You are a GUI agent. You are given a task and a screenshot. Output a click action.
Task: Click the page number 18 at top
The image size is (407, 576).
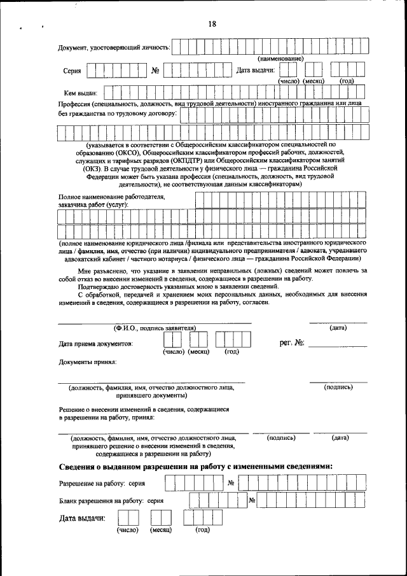pyautogui.click(x=212, y=24)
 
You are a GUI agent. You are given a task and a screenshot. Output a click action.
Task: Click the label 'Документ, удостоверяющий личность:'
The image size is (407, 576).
pyautogui.click(x=114, y=48)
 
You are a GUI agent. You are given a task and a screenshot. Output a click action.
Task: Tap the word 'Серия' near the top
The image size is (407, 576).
pyautogui.click(x=72, y=71)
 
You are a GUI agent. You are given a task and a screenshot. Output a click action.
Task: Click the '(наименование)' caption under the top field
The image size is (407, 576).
pyautogui.click(x=275, y=59)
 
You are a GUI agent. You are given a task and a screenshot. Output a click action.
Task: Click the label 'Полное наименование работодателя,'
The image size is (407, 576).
pyautogui.click(x=112, y=197)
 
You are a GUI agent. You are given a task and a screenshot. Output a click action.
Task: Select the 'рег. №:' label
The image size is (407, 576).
pyautogui.click(x=292, y=343)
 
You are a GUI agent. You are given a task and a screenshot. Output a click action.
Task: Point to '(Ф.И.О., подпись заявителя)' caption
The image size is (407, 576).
pyautogui.click(x=155, y=327)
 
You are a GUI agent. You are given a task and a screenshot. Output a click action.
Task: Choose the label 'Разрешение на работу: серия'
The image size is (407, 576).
pyautogui.click(x=102, y=484)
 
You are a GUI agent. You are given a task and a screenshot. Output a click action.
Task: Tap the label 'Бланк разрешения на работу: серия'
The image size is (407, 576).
pyautogui.click(x=111, y=501)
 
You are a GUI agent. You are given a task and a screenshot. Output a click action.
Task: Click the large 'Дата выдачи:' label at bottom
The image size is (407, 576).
pyautogui.click(x=81, y=519)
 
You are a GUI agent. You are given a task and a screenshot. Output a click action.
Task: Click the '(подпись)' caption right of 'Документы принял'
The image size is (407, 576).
pyautogui.click(x=338, y=387)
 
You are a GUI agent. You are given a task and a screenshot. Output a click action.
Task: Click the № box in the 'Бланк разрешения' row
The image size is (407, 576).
pyautogui.click(x=252, y=500)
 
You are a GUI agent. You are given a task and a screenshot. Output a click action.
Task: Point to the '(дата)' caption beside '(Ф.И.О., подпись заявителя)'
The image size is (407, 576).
pyautogui.click(x=338, y=327)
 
